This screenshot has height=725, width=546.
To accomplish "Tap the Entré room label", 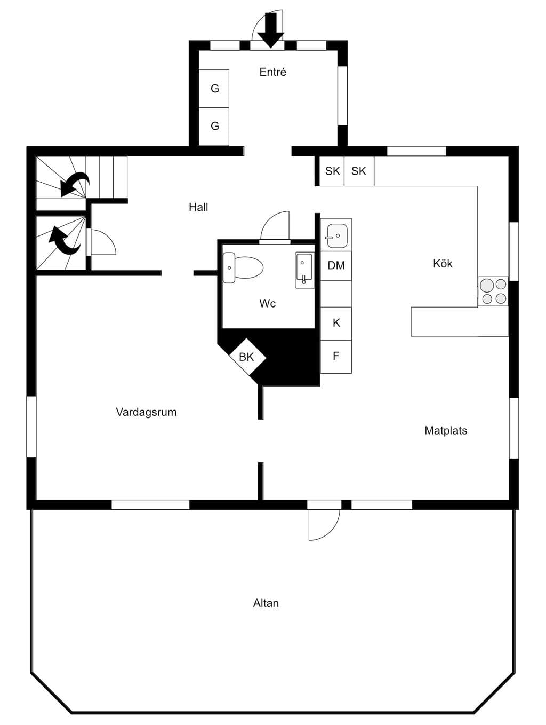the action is coord(272,72).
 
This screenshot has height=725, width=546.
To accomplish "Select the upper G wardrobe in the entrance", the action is coord(214,88).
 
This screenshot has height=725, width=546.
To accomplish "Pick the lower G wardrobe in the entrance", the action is coord(214,126).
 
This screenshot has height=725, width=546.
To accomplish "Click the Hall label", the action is coord(198,207).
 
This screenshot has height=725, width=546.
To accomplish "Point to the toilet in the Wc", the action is coord(243,267).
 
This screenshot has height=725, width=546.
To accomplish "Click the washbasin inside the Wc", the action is coord(304,270).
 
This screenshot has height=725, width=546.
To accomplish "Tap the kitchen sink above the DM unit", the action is coord(336,236).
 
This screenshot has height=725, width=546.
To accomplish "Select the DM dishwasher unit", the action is coord(336,265).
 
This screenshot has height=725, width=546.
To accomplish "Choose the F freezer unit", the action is coord(336,357).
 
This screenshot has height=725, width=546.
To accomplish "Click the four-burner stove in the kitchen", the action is coord(493,291).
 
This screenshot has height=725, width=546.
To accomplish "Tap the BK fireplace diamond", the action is coord(247,357).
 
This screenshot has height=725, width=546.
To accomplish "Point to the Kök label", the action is coord(443,264).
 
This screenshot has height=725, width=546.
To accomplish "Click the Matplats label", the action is coord(446,430).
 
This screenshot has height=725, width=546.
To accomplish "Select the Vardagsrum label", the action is coord(146,412).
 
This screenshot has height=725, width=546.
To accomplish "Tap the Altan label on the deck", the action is coord(266,603).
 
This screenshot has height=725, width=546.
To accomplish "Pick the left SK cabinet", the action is coord(332,171).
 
